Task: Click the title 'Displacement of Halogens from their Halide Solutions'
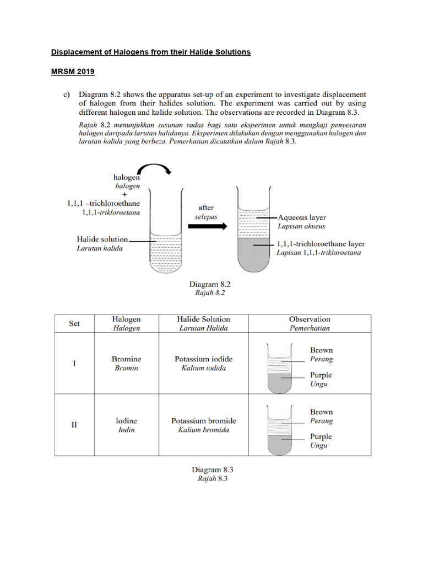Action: point(151,52)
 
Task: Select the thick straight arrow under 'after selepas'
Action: point(207,227)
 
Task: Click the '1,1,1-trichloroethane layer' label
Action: point(320,243)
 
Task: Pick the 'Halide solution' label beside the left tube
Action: point(102,239)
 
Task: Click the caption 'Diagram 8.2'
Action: point(210,284)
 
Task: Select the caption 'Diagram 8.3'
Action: point(213,470)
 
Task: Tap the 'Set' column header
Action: point(74,323)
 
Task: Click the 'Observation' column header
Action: point(310,319)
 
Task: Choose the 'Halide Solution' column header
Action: point(203,319)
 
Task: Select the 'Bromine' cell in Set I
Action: point(126,359)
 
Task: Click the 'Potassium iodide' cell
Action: point(203,359)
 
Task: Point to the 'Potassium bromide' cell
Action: point(203,421)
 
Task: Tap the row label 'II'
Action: point(74,425)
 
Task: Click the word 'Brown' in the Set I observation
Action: point(321,350)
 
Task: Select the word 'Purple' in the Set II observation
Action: point(321,436)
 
